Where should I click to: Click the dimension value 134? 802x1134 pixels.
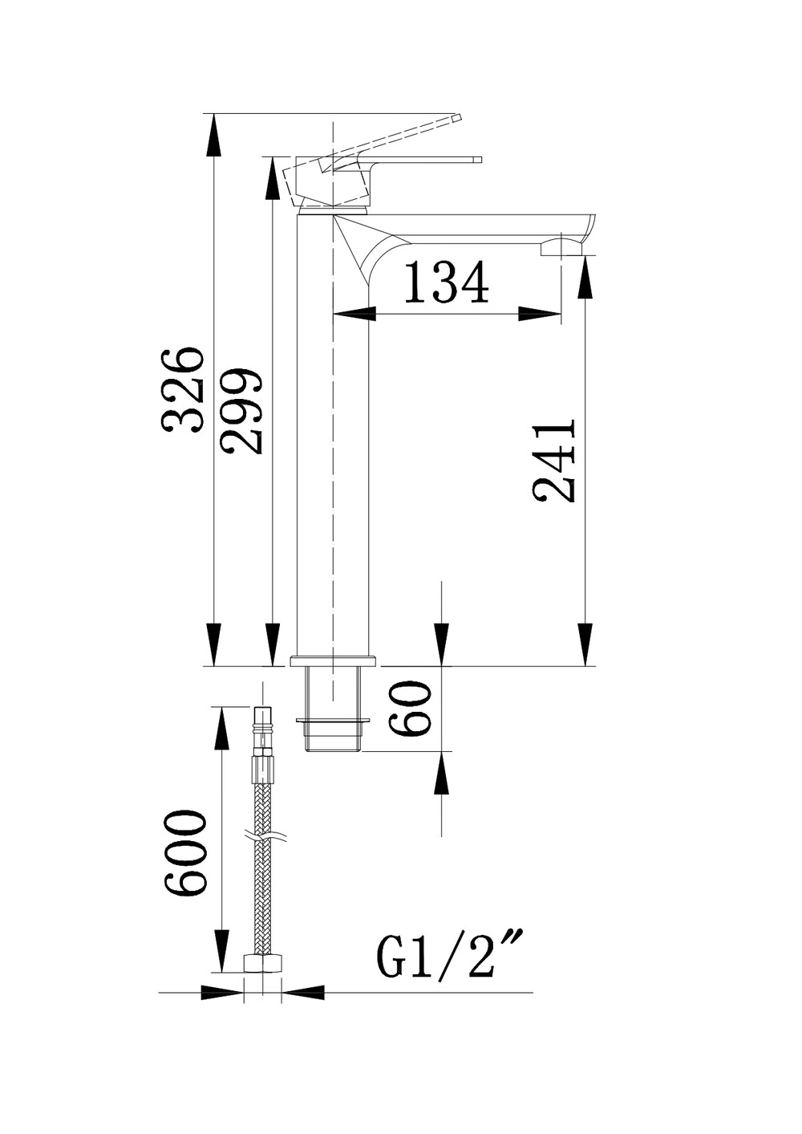coord(447,282)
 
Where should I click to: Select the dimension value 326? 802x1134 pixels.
coord(183,390)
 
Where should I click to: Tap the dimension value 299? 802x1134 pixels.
coord(242,410)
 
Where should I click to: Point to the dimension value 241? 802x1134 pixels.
coord(554,459)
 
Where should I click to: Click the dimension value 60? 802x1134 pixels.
coord(409,708)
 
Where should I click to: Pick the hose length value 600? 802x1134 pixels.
coord(184,852)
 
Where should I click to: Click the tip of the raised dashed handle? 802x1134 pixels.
coord(459,117)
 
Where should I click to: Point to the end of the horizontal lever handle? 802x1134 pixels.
coord(478,160)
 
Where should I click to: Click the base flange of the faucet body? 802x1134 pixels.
coord(333,660)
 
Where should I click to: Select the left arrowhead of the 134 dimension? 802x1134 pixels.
coord(354,314)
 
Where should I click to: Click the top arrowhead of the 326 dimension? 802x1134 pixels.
coord(214,135)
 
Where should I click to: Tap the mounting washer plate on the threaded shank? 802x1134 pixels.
coord(333,719)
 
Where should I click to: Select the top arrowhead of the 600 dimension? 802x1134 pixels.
coord(221,728)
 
